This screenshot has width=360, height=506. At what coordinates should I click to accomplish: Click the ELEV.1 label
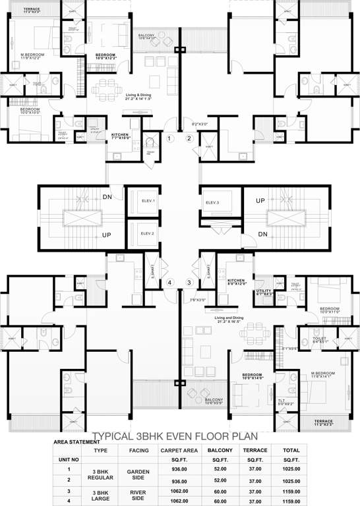pyautogui.click(x=148, y=200)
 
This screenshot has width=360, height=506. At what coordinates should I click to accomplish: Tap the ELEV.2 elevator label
pyautogui.click(x=147, y=233)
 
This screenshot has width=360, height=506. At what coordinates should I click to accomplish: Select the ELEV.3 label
pyautogui.click(x=212, y=202)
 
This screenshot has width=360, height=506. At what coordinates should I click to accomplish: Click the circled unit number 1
pyautogui.click(x=169, y=138)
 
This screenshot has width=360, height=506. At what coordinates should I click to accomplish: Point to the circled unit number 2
pyautogui.click(x=189, y=138)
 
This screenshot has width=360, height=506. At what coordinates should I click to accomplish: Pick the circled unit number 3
pyautogui.click(x=189, y=283)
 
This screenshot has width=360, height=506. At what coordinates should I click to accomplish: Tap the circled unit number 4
pyautogui.click(x=169, y=283)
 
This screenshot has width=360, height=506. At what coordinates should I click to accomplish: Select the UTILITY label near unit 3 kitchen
pyautogui.click(x=264, y=292)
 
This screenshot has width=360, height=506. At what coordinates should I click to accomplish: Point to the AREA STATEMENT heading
pyautogui.click(x=73, y=442)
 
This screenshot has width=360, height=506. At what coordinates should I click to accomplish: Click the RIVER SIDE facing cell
pyautogui.click(x=138, y=496)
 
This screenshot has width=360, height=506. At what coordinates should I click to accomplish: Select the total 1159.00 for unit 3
pyautogui.click(x=291, y=492)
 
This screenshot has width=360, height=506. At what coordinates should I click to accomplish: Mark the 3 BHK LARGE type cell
pyautogui.click(x=101, y=496)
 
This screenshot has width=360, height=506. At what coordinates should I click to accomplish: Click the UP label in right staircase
pyautogui.click(x=260, y=200)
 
